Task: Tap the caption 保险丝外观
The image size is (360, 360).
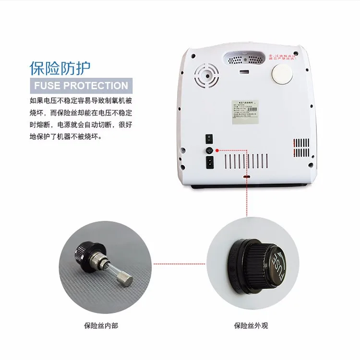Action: [x=251, y=325]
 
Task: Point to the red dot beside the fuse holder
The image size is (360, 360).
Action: [x=218, y=150]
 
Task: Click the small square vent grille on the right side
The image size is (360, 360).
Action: [x=301, y=146]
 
